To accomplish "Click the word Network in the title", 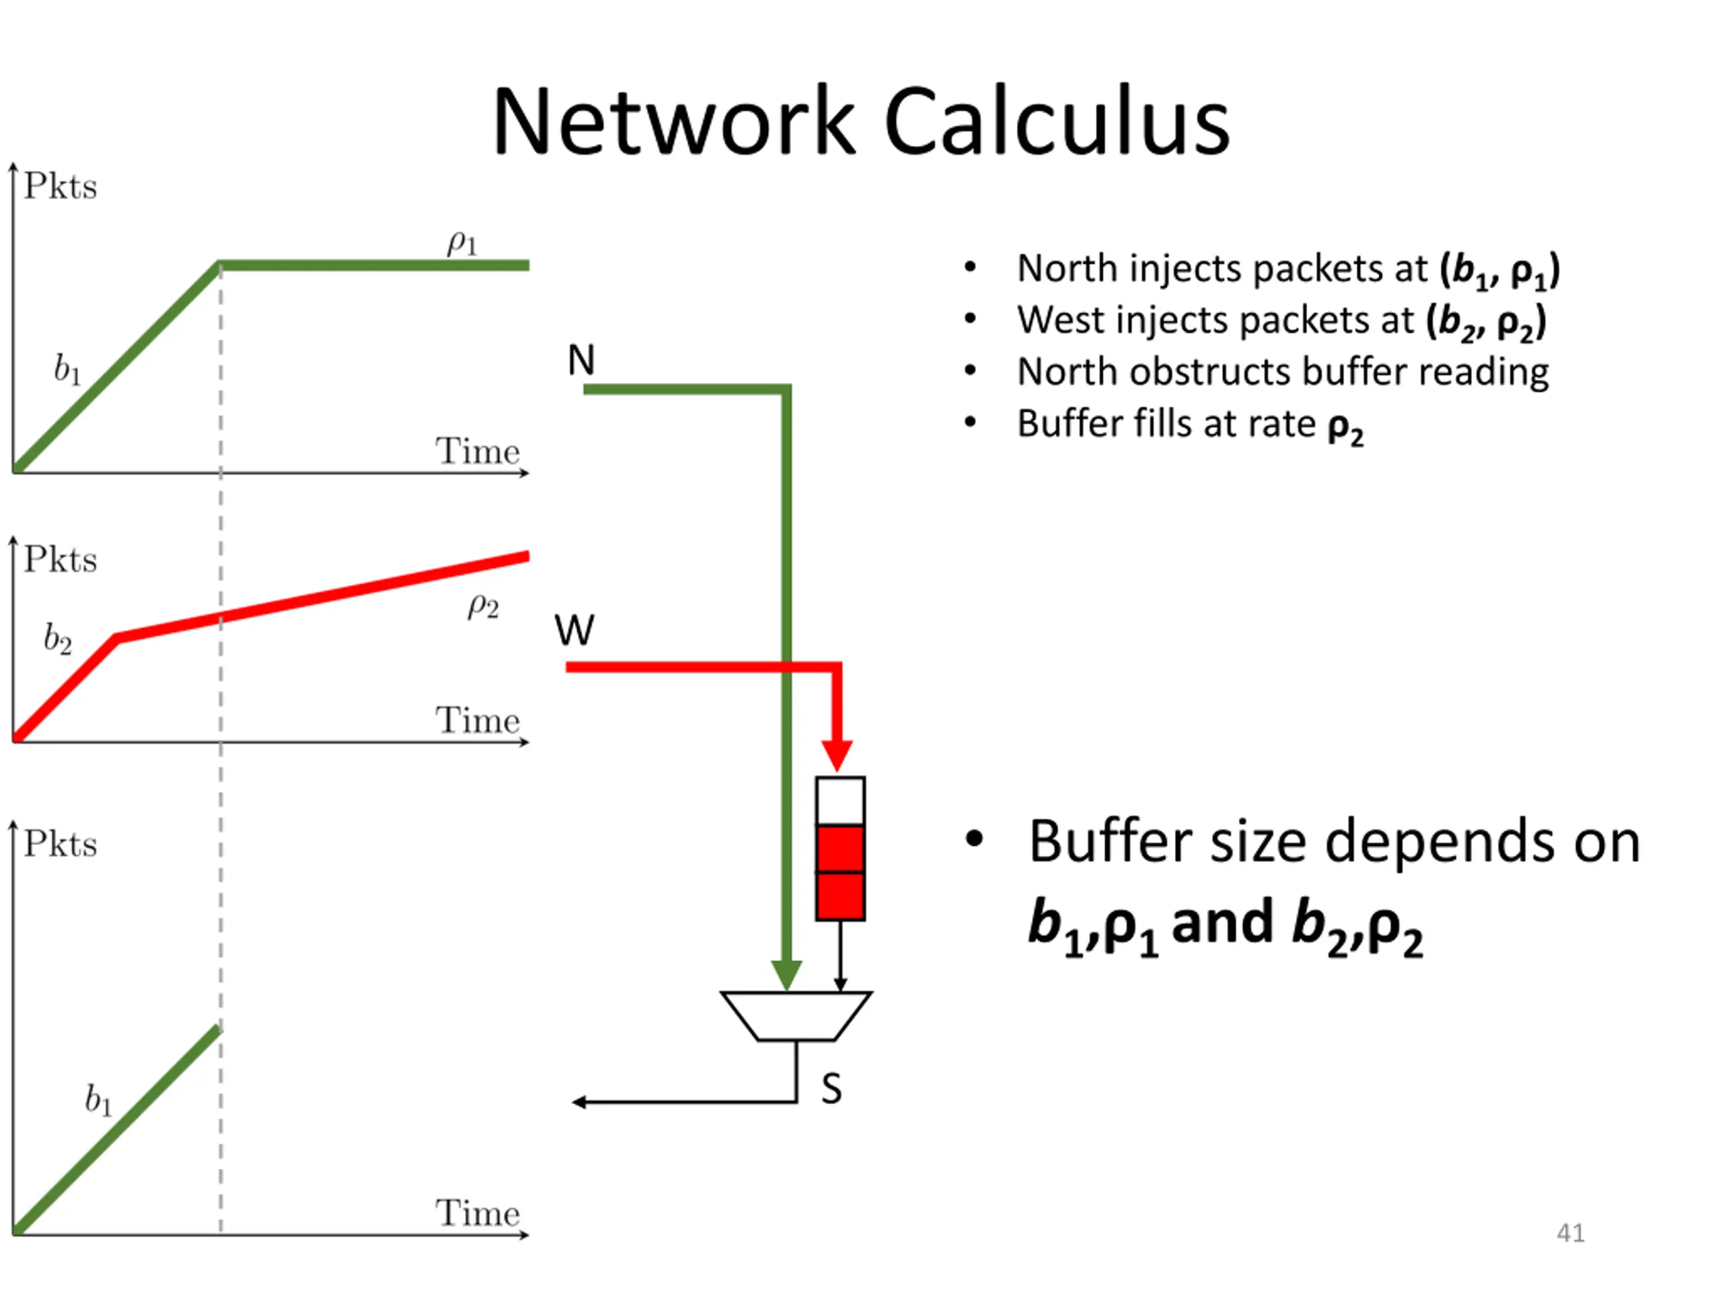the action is [x=673, y=122].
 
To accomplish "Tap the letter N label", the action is [x=581, y=361].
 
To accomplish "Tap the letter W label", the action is [x=574, y=630].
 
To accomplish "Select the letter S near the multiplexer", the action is [x=831, y=1088].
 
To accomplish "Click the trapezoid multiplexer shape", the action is [x=796, y=1015].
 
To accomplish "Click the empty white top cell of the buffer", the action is [x=840, y=801].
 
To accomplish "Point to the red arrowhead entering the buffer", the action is [x=837, y=756].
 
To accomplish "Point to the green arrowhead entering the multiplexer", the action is [x=786, y=975].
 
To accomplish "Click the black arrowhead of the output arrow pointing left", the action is [x=578, y=1102].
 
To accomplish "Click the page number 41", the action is [x=1570, y=1233].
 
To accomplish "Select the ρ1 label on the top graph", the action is [x=461, y=242].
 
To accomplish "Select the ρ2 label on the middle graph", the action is [x=483, y=606].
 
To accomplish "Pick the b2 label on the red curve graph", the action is [x=58, y=639].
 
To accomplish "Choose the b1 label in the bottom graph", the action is [x=98, y=1100].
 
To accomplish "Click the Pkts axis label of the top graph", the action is [x=60, y=186].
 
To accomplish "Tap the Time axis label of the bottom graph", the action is [x=477, y=1213].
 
